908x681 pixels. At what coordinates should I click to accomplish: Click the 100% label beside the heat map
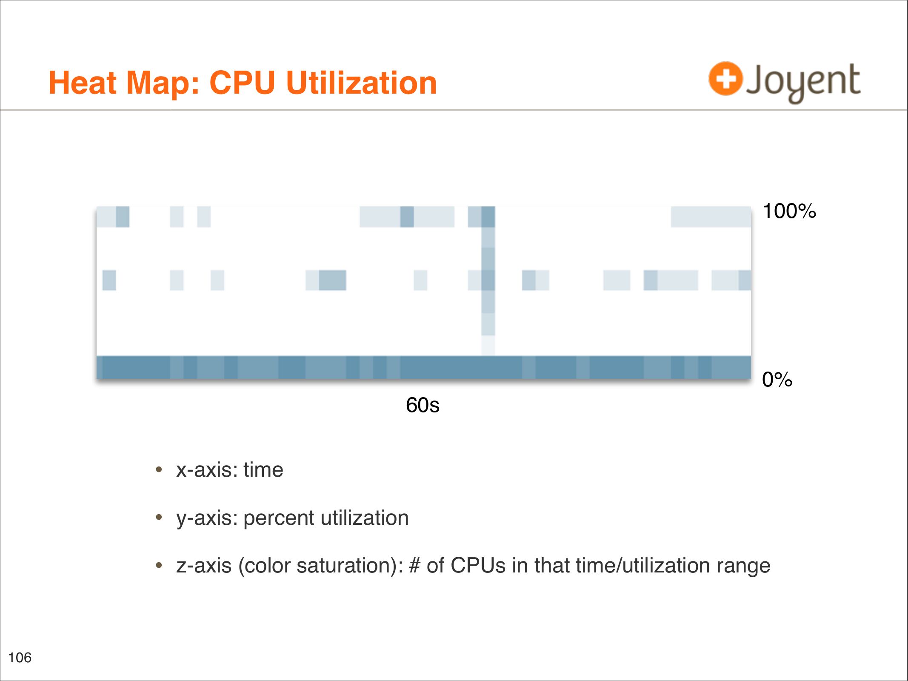pos(789,211)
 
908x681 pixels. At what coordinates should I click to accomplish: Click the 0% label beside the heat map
pos(777,379)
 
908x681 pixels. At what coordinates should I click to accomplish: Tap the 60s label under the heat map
pos(423,405)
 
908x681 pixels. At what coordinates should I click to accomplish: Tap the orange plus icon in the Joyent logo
pos(725,78)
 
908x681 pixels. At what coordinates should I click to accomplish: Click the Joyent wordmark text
pos(803,81)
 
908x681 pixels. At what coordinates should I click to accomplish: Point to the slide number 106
pos(20,658)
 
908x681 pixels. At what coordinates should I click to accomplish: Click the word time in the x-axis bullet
pos(263,470)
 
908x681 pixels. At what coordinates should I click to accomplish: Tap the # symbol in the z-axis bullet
pos(414,566)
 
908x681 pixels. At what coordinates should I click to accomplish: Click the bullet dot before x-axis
pos(159,469)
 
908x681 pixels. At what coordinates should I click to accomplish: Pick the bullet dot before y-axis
pos(159,517)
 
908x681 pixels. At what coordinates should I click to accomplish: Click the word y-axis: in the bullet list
pos(207,518)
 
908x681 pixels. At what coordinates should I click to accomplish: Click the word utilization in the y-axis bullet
pos(365,518)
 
